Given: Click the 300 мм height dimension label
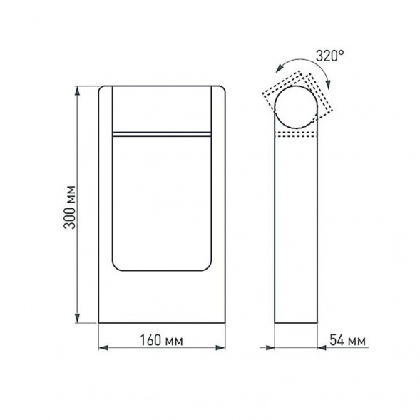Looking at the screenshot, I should point(69,205).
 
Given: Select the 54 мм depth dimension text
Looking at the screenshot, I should point(348,341).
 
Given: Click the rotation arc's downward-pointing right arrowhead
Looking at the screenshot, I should point(327,85).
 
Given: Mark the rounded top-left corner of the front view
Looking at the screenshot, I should point(102,89).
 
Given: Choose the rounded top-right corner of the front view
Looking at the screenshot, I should point(222,89).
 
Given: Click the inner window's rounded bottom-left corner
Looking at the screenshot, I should point(116,268).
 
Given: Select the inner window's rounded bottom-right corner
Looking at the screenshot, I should point(208,268).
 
